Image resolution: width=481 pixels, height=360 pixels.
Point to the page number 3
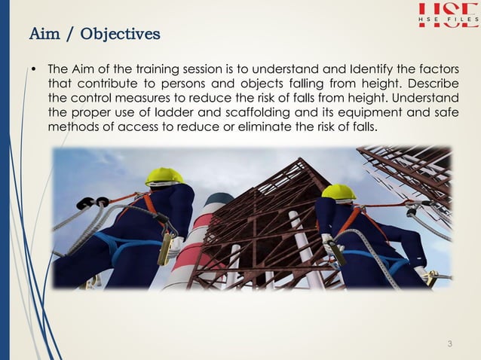tap(450, 345)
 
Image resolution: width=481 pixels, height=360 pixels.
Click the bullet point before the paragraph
tap(34, 69)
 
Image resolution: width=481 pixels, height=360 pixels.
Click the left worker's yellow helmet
tap(164, 175)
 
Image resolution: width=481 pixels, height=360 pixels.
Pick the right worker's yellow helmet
tap(339, 191)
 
